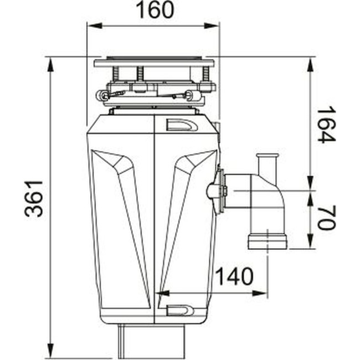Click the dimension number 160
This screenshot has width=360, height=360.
[153, 11]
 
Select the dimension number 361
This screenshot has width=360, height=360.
[35, 199]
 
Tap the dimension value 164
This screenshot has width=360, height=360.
[326, 125]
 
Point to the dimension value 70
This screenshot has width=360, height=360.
[326, 217]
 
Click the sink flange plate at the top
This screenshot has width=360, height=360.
[153, 62]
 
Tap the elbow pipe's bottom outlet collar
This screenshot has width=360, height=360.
[268, 241]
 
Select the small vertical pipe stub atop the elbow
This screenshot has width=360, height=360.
[268, 164]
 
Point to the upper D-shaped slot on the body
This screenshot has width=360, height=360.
[182, 125]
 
